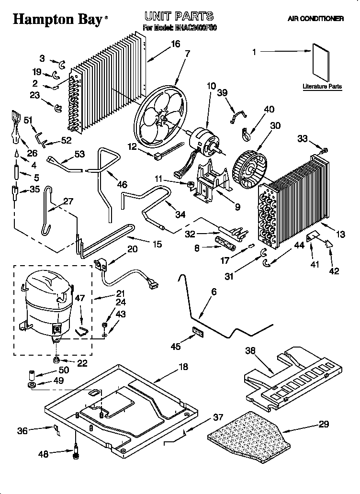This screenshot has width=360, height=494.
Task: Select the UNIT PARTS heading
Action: coord(179,17)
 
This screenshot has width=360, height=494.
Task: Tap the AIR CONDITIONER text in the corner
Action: coord(315,19)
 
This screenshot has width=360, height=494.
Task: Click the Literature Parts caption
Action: coord(322,87)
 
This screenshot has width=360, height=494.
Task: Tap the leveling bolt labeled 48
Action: coord(75,453)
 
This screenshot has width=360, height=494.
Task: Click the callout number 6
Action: coord(214,292)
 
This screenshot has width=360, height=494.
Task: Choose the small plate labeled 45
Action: coord(197,332)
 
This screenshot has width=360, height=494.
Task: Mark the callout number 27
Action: coord(68,201)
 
